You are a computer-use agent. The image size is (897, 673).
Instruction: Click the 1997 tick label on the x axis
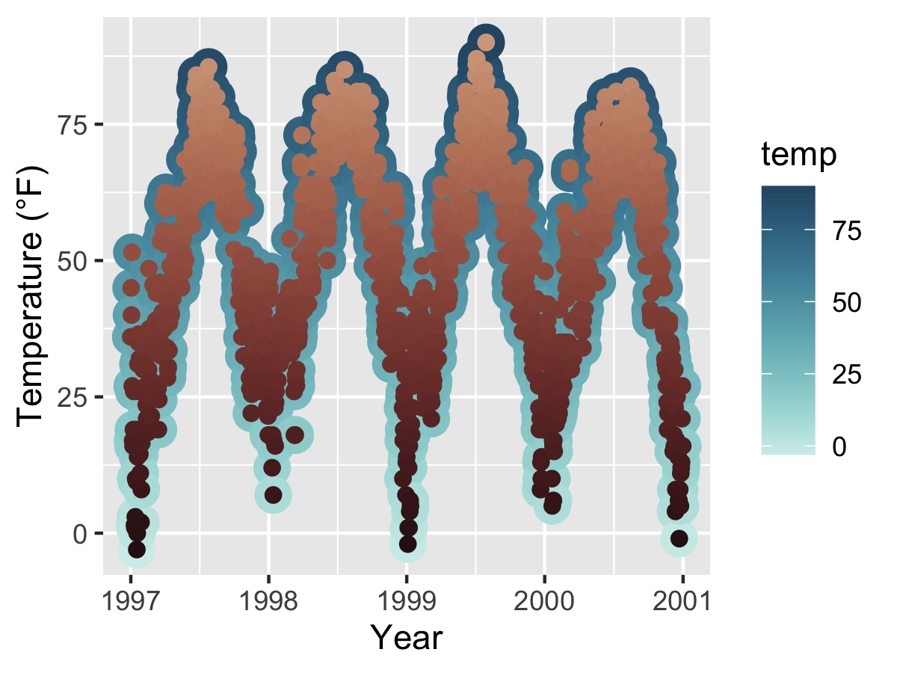tap(130, 600)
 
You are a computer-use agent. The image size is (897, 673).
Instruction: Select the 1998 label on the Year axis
tap(268, 600)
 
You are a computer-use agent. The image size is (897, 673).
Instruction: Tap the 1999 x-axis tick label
tap(406, 600)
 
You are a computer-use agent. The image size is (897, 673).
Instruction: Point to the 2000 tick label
tap(544, 600)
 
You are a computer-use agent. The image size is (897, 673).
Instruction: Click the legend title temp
tap(798, 155)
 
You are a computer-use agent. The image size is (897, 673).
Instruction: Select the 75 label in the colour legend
tap(847, 231)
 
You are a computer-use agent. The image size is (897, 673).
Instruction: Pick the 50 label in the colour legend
tap(847, 302)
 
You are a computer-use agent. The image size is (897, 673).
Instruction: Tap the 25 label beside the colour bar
tap(847, 374)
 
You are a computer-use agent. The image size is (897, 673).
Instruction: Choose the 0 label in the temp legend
tap(839, 446)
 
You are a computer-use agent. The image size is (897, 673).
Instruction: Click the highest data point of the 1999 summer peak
tap(486, 43)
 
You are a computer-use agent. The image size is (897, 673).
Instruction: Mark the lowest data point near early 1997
tap(137, 550)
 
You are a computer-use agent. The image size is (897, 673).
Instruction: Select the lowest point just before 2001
tap(679, 538)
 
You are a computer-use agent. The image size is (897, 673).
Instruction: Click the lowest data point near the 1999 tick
tap(407, 544)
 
